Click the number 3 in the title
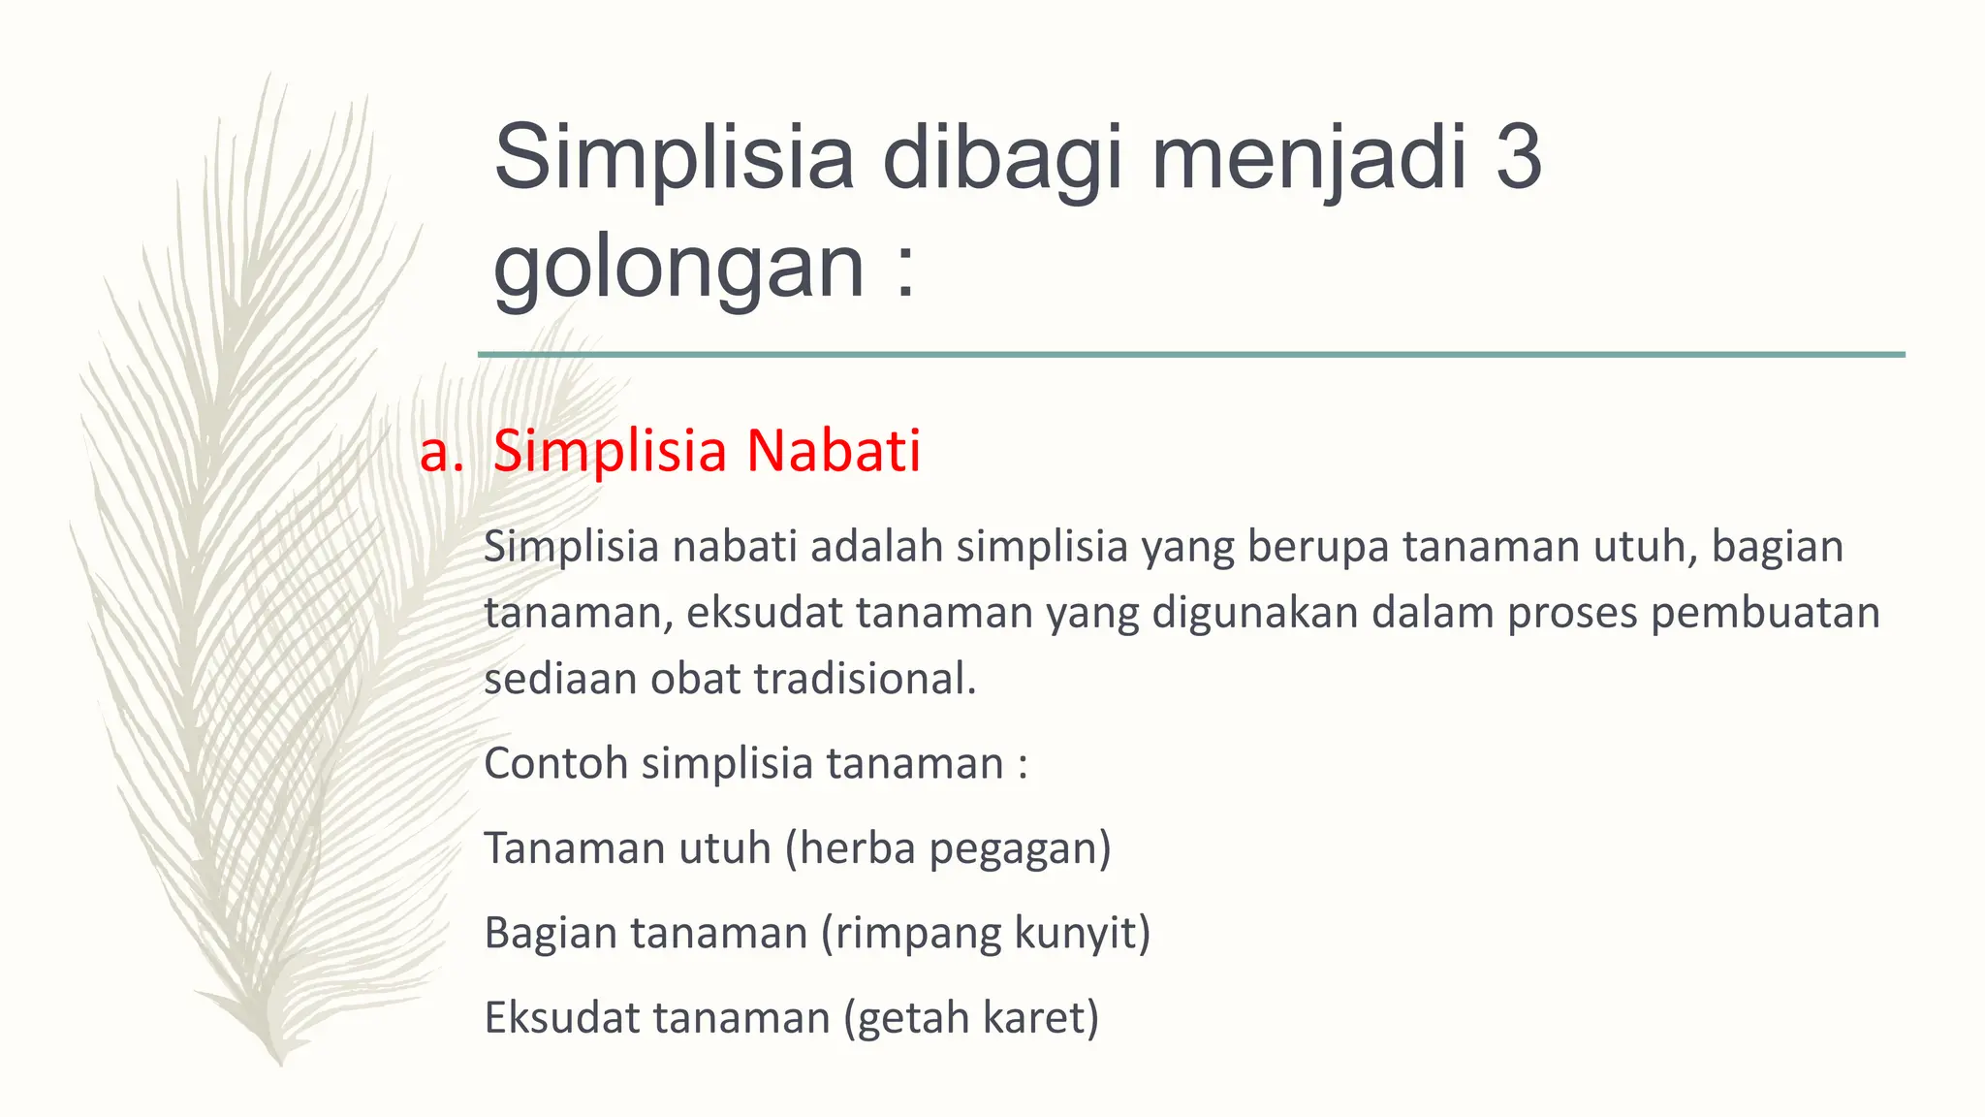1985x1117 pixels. tap(1518, 157)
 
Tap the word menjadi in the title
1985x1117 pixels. tap(1308, 157)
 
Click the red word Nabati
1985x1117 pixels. tap(833, 451)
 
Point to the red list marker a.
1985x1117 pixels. tap(441, 453)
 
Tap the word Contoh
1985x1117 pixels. tap(556, 763)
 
